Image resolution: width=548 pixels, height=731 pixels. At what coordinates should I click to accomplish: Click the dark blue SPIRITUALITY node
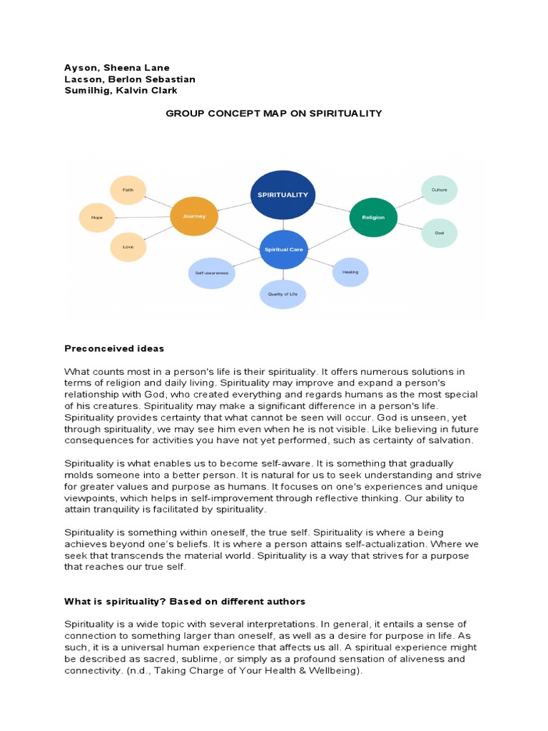coord(283,194)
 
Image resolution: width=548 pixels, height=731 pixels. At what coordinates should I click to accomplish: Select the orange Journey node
coord(194,215)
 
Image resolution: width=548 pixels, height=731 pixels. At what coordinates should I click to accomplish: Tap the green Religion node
coord(373,217)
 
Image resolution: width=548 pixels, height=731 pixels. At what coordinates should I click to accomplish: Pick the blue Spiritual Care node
coord(284,249)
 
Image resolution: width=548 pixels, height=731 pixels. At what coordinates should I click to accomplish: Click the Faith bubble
coord(128,190)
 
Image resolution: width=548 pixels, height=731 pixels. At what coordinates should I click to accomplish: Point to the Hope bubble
coord(96,216)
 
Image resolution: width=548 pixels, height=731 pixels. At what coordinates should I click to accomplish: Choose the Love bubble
coord(128,247)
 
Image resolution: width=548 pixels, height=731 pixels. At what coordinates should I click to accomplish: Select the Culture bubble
coord(439,190)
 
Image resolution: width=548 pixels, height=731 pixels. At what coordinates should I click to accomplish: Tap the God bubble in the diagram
coord(439,233)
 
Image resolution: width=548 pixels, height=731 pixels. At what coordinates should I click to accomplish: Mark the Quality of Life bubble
coord(283,293)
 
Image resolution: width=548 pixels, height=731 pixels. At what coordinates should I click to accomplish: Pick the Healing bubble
coord(350,272)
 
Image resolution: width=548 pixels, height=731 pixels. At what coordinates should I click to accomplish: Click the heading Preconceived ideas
coord(114,348)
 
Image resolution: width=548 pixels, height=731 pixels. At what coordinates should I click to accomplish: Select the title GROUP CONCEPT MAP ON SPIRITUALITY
coord(274,114)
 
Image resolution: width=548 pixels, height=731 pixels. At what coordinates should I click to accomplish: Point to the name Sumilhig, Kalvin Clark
coord(121,91)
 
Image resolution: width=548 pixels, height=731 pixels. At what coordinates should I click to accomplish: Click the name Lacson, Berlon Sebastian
coord(130,79)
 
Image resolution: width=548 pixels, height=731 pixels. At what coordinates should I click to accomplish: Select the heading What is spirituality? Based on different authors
coord(185,602)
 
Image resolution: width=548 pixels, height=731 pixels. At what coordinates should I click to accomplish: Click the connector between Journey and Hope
coord(143,216)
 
